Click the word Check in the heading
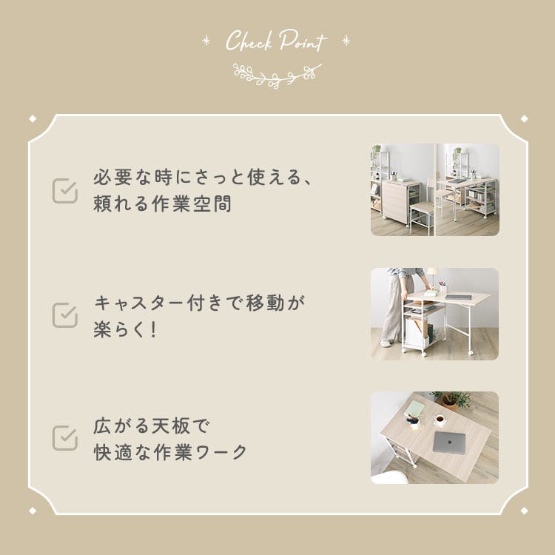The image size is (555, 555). [x=249, y=41]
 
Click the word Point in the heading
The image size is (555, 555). [x=303, y=41]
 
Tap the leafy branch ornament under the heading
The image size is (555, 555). [x=277, y=75]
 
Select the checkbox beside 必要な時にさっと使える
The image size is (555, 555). [x=65, y=191]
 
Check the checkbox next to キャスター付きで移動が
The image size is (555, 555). [x=65, y=314]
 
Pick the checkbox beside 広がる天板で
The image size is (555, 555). [x=65, y=438]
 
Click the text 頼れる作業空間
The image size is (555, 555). [x=163, y=204]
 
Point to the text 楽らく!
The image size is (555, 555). [x=125, y=329]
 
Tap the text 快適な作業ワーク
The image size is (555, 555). [x=170, y=452]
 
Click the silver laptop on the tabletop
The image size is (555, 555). [x=449, y=442]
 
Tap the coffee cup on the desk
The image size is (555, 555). [x=440, y=420]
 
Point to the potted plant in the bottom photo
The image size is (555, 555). [x=451, y=400]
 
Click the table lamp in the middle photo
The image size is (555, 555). [x=432, y=277]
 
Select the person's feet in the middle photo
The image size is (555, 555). [x=388, y=343]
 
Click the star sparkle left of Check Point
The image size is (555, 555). [x=206, y=41]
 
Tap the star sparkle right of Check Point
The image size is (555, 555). [x=346, y=41]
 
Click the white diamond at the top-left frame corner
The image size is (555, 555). [x=33, y=118]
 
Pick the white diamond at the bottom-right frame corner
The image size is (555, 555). [x=525, y=511]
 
